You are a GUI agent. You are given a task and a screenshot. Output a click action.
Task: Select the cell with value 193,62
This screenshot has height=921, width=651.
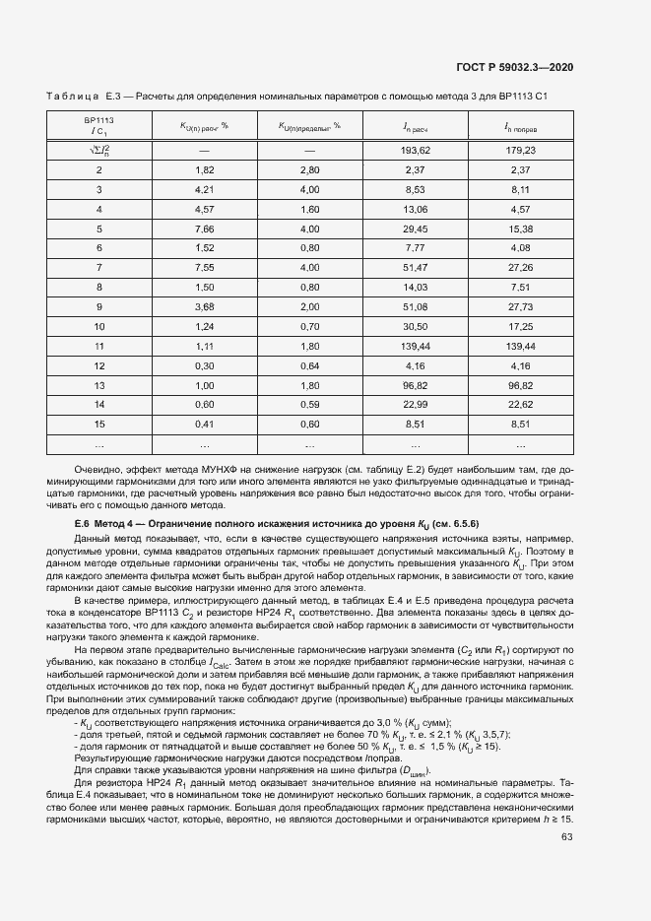pos(417,151)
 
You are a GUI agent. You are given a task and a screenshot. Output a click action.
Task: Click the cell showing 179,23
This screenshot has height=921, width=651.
pos(521,151)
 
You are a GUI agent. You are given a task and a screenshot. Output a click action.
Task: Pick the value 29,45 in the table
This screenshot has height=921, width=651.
pos(415,229)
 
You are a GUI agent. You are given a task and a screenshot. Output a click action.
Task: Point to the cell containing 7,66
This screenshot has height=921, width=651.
pos(204,229)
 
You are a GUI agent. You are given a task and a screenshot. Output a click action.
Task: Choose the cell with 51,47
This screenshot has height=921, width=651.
pos(415,267)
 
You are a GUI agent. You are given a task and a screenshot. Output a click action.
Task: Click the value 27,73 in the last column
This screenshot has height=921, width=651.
pos(521,306)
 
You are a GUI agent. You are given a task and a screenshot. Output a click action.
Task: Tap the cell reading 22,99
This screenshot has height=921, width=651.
pos(415,404)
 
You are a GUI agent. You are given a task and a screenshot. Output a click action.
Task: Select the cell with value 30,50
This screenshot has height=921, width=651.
pos(415,326)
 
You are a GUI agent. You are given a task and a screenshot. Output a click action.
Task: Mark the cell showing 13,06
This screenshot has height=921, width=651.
pos(415,209)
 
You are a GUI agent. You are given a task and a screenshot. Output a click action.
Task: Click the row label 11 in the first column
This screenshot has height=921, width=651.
pos(99,346)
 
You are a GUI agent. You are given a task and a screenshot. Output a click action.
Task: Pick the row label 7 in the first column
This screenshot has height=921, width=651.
pos(99,267)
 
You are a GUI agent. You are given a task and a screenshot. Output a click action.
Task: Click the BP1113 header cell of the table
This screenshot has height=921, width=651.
pos(99,125)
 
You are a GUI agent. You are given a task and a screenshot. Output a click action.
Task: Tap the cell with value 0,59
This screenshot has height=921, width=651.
pos(309,404)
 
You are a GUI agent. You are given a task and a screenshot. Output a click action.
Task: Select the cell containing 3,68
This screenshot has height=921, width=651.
pos(204,306)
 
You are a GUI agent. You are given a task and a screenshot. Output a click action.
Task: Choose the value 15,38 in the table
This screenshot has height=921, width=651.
pos(521,229)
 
